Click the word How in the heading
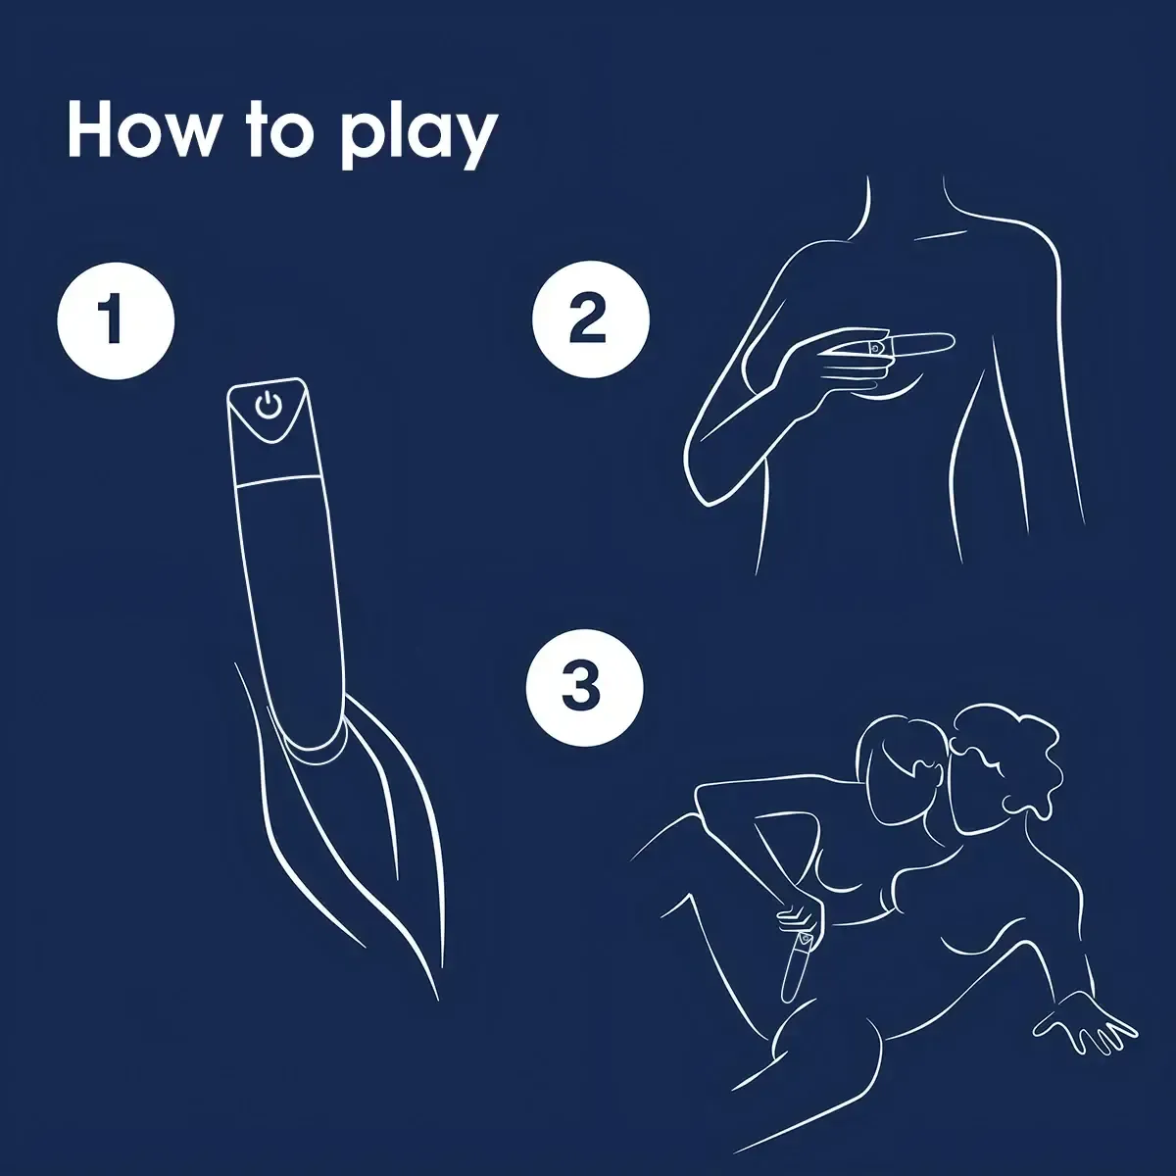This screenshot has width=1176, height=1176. tap(141, 131)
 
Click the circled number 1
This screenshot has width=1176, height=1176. tap(116, 321)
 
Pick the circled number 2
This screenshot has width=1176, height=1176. tap(590, 319)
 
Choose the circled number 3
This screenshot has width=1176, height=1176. tap(584, 688)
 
